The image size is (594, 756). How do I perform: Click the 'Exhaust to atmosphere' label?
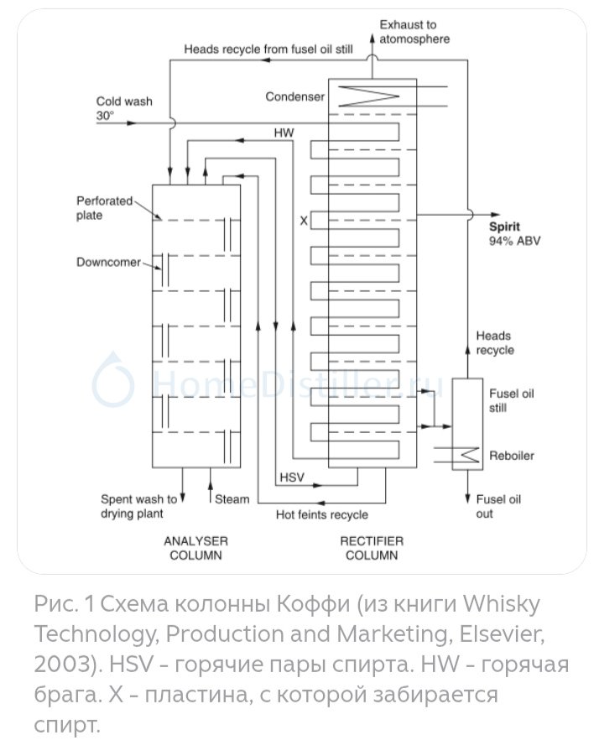coord(414,32)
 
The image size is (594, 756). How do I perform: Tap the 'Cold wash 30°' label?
coord(124,108)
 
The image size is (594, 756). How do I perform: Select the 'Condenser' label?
coord(294,96)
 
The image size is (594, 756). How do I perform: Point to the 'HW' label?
coord(284,133)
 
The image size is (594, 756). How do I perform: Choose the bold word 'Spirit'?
coord(505,227)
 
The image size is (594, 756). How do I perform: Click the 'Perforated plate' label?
coord(104,208)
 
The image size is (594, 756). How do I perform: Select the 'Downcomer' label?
coord(108,262)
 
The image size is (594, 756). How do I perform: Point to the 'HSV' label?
coord(290,479)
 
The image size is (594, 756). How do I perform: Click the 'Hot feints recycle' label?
coord(322,514)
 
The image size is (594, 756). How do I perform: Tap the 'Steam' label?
coord(232,499)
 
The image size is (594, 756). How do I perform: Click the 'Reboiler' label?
coord(511,456)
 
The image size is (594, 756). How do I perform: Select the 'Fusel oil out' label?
coord(498,506)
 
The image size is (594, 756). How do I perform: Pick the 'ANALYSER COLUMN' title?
coord(195,548)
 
